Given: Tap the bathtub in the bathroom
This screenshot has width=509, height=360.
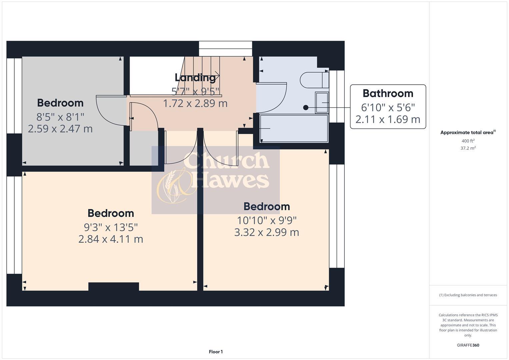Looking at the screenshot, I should coord(294,128).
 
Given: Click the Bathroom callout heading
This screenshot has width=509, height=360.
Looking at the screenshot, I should coord(388,93).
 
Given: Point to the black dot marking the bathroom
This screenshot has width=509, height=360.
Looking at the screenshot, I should coord(305,107).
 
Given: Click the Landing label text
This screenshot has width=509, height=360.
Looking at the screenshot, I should coord(195,77).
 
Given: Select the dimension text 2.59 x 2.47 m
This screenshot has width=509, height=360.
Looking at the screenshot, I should coord(60,129).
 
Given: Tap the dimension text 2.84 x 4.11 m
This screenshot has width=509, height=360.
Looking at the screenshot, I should coord(111,239).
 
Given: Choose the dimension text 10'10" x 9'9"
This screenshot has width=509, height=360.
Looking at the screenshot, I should coord(267,220).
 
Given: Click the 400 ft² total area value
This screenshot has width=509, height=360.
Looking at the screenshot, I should coord(468,141).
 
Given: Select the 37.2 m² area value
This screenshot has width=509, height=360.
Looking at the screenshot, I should coord(468,148).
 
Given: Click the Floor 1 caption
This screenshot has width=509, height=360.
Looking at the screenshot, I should coord(216,352).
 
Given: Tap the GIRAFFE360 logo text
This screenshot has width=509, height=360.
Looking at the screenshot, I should coord(468,345).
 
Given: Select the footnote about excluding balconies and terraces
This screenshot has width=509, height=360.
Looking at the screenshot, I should coord(468,295).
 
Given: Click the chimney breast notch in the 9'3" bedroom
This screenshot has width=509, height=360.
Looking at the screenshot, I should coord(114,286).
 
